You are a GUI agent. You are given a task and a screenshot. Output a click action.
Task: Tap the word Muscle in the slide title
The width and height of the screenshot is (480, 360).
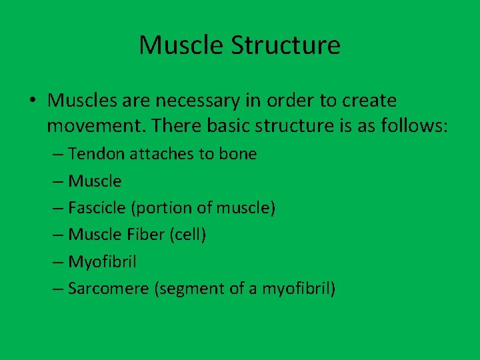pyautogui.click(x=181, y=45)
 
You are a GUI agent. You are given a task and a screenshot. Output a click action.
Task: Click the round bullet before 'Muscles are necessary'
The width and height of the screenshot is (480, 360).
pyautogui.click(x=33, y=101)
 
